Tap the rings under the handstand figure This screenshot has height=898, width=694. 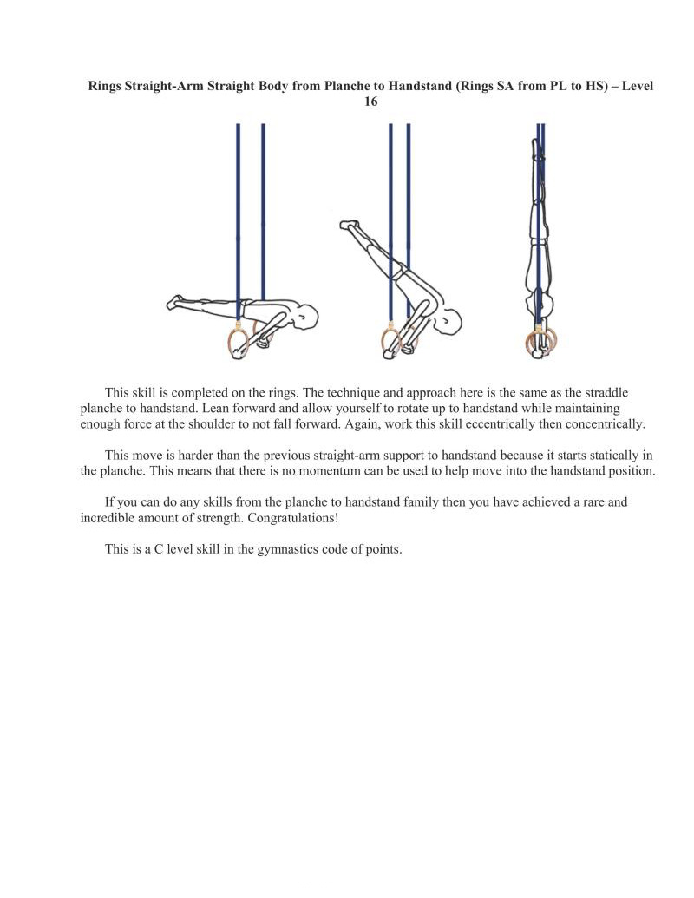[539, 343]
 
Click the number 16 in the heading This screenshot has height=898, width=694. [370, 102]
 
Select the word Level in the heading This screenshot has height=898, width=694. [634, 87]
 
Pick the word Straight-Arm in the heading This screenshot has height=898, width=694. [166, 87]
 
